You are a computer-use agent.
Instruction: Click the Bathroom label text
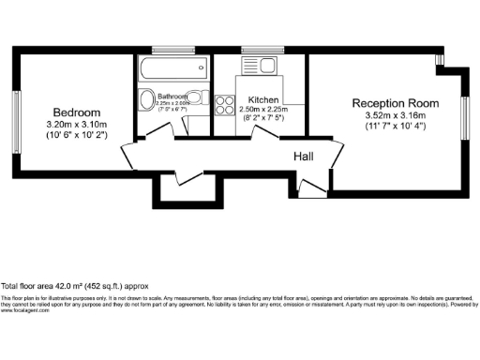pos(172,97)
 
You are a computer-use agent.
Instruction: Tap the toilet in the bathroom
pos(148,101)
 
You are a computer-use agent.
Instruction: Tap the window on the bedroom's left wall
pos(15,112)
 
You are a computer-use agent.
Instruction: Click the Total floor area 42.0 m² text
pos(75,285)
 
